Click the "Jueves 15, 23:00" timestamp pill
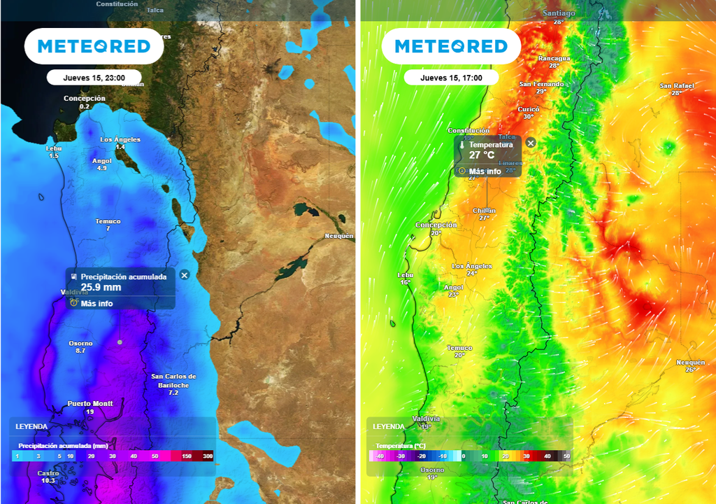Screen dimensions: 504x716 (x=94, y=78)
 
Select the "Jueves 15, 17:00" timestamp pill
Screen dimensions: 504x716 (x=451, y=78)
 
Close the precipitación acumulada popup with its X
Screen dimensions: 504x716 (x=185, y=275)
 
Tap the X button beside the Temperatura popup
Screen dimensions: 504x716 (x=531, y=143)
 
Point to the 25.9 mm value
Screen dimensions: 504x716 (x=101, y=287)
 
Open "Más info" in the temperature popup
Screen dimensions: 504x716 (x=485, y=171)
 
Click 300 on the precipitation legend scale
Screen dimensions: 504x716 (x=208, y=456)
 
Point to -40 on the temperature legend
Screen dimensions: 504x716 (x=380, y=456)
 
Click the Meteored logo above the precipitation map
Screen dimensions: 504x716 (x=94, y=47)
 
